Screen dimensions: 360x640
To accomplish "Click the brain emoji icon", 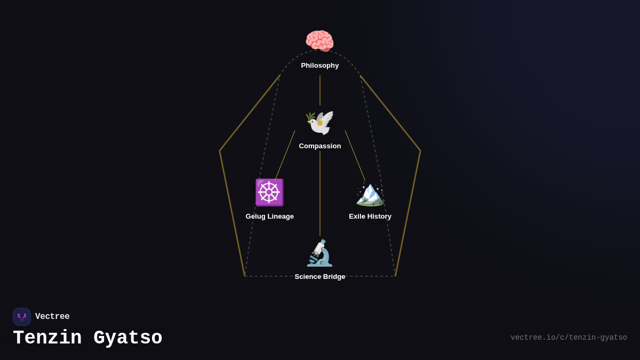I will coord(319,41).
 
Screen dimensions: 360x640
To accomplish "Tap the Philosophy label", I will coord(320,66).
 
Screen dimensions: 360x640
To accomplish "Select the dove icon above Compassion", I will coord(319,122).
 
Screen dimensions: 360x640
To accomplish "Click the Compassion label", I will coord(320,146).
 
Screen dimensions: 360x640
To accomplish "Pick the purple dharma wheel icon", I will coord(269,193).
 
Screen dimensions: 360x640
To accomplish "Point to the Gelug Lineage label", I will coord(270,217).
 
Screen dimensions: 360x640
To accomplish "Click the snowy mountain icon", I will coord(370,194).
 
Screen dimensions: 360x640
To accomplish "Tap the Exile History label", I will coord(370,217).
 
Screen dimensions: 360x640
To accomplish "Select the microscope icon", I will coord(319,253).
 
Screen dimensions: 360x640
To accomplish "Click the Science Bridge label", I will coord(320,277).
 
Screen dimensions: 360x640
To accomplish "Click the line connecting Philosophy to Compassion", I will coord(320,90).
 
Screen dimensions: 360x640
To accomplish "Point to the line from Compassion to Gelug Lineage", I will coord(285,155).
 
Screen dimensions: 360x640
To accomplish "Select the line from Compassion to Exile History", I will coord(355,156).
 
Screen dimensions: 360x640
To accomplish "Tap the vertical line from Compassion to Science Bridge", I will coord(320,193).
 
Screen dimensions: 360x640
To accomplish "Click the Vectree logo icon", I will coord(22,317).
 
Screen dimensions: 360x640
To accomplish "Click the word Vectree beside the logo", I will coord(52,317).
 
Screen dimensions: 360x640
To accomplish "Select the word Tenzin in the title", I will coord(47,338).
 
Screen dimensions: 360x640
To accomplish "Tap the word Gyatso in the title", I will coord(128,338).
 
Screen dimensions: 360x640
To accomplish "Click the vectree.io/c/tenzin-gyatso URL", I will coord(569,338).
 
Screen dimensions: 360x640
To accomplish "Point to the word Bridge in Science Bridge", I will coord(334,277).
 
